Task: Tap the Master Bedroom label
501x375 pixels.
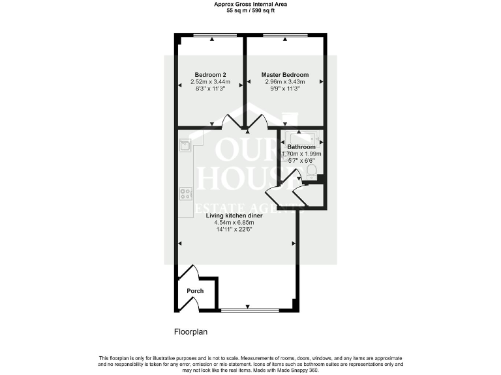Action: tap(285, 75)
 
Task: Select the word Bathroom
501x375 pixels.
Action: tap(301, 147)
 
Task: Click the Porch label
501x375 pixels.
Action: tap(195, 291)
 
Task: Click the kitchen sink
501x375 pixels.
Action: tap(185, 145)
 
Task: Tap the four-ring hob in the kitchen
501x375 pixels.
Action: tap(185, 193)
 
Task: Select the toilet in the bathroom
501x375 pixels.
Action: tap(311, 171)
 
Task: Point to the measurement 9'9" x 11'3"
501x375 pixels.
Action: tap(285, 89)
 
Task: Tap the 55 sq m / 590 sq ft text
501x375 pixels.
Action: tap(250, 11)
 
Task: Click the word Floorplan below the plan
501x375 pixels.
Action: tap(190, 332)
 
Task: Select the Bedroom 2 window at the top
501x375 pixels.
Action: tap(211, 35)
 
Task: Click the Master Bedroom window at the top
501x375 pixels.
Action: tap(285, 35)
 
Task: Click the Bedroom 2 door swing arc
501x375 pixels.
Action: tap(232, 120)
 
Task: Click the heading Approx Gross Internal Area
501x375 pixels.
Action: tap(250, 4)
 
